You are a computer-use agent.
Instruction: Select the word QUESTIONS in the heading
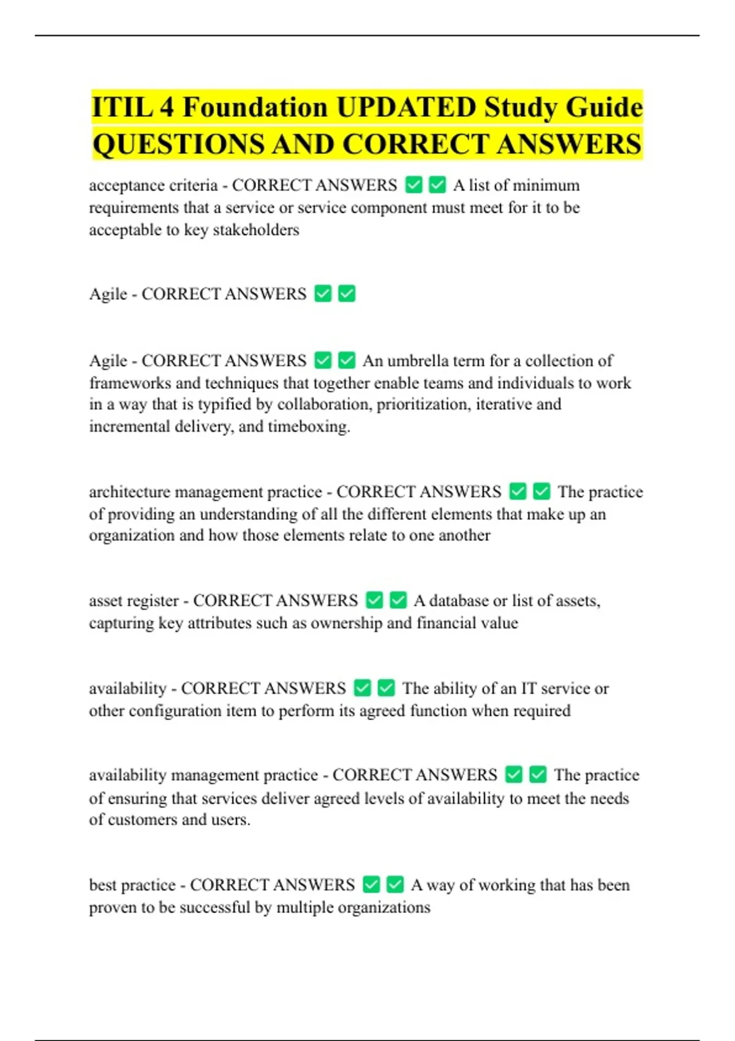pyautogui.click(x=178, y=145)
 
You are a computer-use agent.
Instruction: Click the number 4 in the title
pyautogui.click(x=167, y=108)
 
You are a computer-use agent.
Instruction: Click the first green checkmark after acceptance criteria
pyautogui.click(x=414, y=185)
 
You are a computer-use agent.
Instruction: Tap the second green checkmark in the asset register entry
pyautogui.click(x=398, y=601)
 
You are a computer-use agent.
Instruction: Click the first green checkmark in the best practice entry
pyautogui.click(x=371, y=885)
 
